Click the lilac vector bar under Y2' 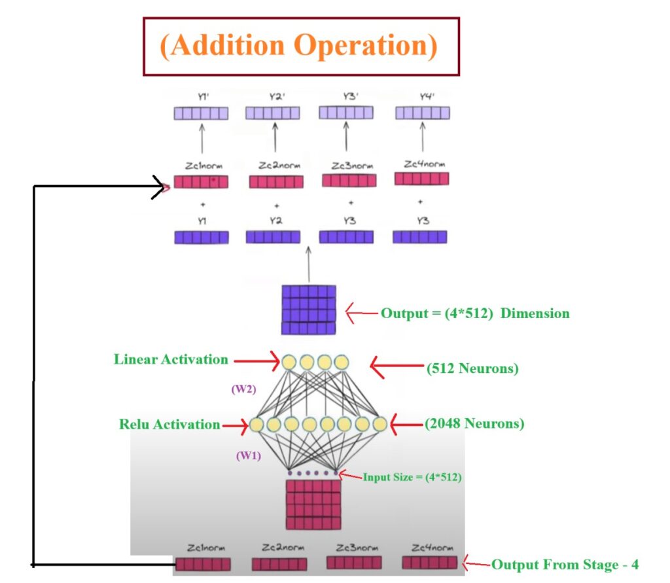click(273, 114)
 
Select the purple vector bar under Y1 click(202, 237)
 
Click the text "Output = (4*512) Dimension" click(475, 313)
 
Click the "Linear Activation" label click(171, 359)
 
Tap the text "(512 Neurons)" click(472, 369)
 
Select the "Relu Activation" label click(169, 424)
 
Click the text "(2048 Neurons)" click(474, 424)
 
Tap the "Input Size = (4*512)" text click(413, 478)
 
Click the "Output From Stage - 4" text click(565, 564)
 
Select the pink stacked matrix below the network click(313, 504)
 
